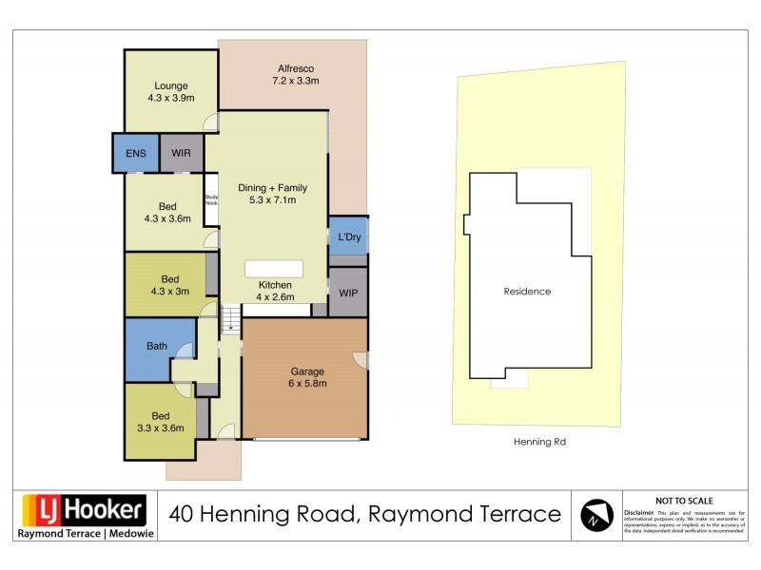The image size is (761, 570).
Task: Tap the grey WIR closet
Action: (x=182, y=154)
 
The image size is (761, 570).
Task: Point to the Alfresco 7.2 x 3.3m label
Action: (x=295, y=75)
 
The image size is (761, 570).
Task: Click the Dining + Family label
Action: (x=272, y=194)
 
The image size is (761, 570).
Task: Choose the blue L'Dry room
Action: (x=348, y=237)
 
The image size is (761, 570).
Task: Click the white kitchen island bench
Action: (x=274, y=268)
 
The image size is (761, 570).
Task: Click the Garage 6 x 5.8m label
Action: (x=307, y=377)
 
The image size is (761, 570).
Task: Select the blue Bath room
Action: (x=156, y=347)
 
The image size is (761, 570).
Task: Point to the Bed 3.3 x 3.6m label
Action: (x=161, y=422)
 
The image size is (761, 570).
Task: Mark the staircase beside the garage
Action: (x=230, y=320)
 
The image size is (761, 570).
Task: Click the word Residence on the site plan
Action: (x=527, y=292)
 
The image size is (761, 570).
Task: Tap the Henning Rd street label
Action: (x=539, y=442)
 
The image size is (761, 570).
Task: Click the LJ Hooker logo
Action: (x=84, y=510)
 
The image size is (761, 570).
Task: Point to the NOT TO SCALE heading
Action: (x=684, y=501)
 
